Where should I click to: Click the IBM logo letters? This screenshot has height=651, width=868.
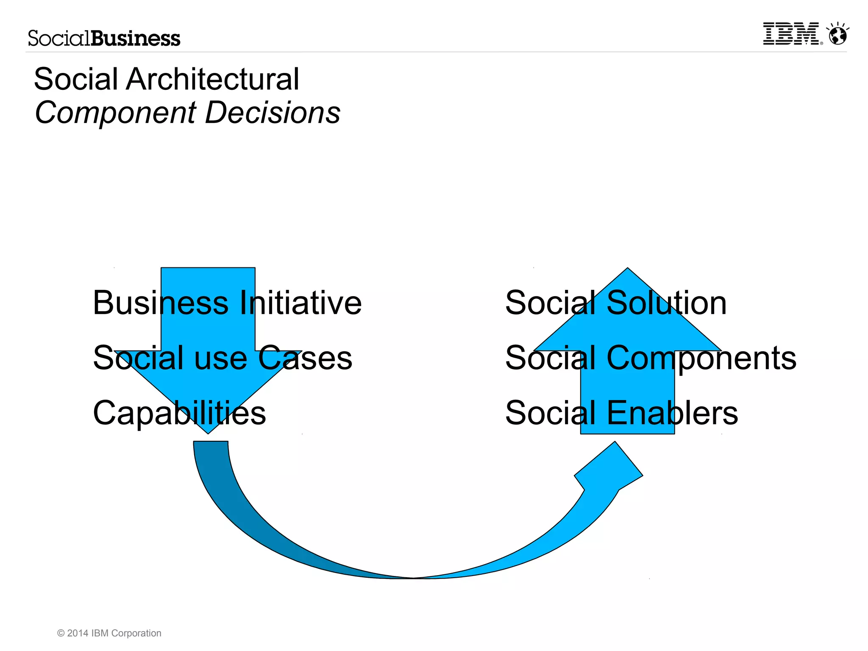(x=791, y=34)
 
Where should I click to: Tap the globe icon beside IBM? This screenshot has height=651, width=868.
(x=838, y=35)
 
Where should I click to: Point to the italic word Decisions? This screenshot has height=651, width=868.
(x=273, y=113)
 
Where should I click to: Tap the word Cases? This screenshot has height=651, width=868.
(x=305, y=358)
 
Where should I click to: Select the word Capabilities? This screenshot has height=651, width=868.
(x=179, y=413)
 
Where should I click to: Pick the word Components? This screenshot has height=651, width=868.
(x=701, y=358)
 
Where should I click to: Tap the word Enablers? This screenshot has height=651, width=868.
(x=672, y=413)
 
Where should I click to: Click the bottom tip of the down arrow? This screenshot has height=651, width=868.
(x=208, y=432)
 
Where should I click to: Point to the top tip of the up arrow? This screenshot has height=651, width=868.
(x=627, y=270)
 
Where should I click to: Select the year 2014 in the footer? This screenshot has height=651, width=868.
(x=78, y=633)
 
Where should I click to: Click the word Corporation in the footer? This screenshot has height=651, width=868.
(x=136, y=633)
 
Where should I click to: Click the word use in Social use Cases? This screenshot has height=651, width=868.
(x=220, y=358)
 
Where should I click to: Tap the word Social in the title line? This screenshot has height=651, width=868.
(x=76, y=79)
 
